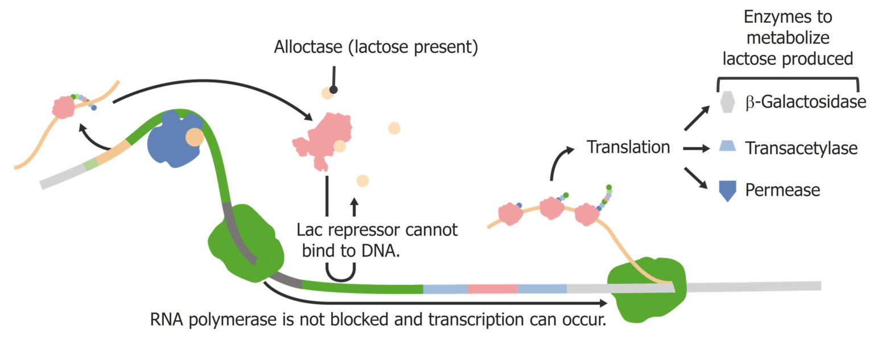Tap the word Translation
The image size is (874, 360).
pos(628,147)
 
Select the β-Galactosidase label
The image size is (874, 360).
pos(805,102)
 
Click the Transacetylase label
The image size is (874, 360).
pos(801,148)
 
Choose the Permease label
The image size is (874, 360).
pos(782,189)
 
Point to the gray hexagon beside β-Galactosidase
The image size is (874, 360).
pos(728,103)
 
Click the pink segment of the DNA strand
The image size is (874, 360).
pos(492,289)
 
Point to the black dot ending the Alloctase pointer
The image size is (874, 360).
pos(334,90)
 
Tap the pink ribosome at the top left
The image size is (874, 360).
pos(64,107)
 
